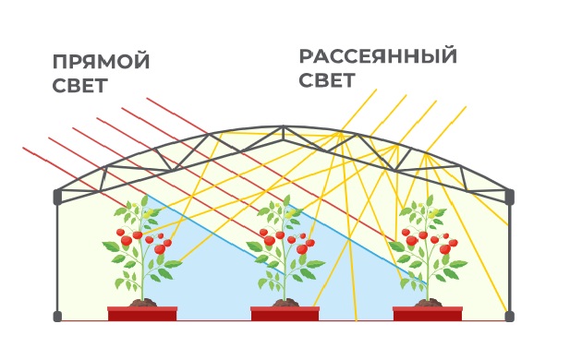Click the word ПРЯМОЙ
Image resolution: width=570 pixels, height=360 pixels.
pos(101,62)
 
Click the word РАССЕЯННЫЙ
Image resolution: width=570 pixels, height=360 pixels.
pos(378,56)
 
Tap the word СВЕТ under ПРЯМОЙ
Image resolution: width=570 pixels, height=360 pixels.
pos(80,85)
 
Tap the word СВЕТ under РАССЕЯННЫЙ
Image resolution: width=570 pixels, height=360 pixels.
pos(326,80)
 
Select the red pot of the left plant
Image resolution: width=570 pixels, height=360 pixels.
pos(142,314)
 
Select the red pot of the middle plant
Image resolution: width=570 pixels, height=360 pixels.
pos(285,314)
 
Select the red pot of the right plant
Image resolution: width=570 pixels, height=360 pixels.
pos(428,314)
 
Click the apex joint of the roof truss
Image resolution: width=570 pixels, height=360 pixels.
pos(283,127)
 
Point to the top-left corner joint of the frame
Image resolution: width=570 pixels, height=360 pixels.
pos(58,197)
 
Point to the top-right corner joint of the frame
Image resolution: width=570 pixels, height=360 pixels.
pos(510,197)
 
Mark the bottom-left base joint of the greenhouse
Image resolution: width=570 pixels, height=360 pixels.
pos(57,316)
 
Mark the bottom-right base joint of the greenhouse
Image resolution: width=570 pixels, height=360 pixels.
pos(510,316)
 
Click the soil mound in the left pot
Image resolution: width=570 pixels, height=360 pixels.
pos(143,302)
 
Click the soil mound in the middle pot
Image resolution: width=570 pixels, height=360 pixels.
pos(285,302)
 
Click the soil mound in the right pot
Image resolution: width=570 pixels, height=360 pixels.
pos(429,302)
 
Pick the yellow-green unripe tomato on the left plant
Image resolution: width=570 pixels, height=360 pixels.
pos(148,213)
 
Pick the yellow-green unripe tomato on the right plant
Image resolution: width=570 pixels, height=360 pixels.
pos(433,213)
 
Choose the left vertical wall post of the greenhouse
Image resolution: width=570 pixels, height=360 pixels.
pos(58,258)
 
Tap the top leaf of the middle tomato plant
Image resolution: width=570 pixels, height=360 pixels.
pos(286,200)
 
